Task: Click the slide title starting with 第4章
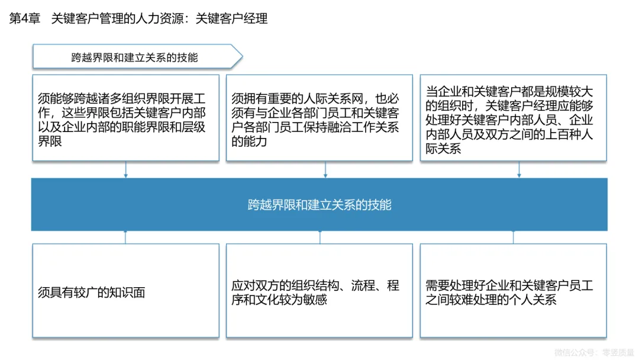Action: (139, 18)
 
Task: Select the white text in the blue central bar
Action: (319, 205)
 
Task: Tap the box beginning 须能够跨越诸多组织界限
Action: (125, 117)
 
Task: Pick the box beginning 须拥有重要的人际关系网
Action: (319, 117)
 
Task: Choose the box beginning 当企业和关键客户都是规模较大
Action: (513, 117)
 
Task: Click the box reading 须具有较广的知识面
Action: (125, 291)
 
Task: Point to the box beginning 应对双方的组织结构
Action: (319, 291)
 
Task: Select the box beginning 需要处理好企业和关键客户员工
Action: (513, 291)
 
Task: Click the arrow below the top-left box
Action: (125, 171)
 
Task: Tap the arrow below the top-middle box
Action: (325, 171)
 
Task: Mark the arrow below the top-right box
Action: (519, 171)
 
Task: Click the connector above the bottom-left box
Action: (125, 237)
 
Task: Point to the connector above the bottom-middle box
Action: (319, 237)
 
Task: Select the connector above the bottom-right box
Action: (513, 237)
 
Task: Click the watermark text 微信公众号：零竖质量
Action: (593, 352)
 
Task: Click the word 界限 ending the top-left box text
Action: (50, 142)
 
